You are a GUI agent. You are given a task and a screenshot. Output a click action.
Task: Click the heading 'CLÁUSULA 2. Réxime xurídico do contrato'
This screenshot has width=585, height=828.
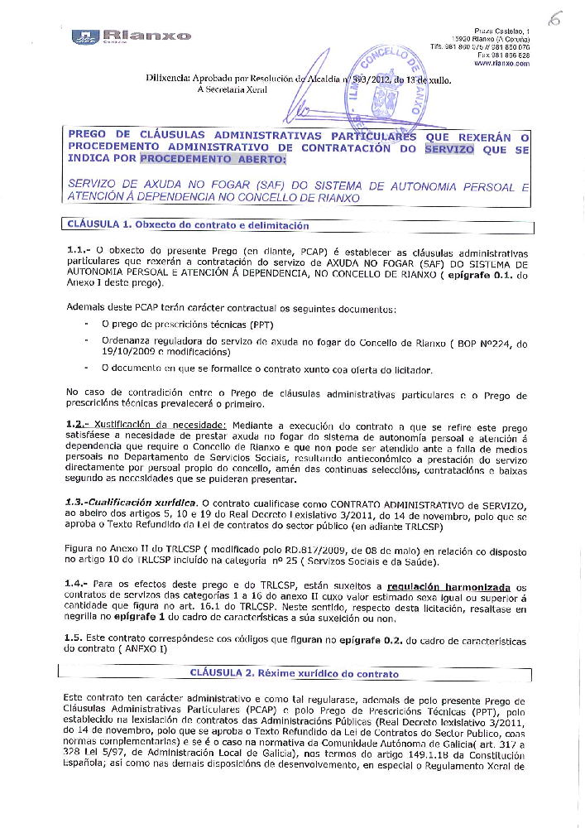(294, 673)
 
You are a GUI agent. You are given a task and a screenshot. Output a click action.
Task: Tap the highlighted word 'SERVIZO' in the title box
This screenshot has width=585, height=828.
(449, 149)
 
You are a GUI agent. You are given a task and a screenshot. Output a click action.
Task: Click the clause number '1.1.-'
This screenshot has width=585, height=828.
(79, 248)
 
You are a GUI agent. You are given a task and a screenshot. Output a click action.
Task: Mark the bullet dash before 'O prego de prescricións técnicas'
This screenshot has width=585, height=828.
(86, 324)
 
